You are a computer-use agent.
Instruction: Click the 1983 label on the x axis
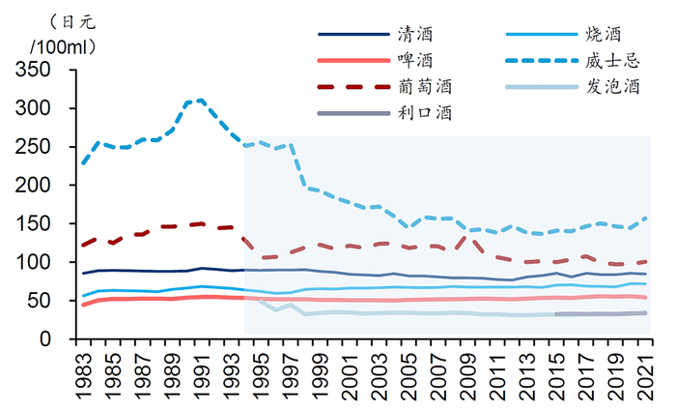coord(84,372)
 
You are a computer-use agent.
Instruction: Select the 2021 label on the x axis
coord(645,372)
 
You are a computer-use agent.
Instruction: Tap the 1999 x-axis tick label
coord(320,372)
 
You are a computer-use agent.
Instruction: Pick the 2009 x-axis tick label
coord(467,372)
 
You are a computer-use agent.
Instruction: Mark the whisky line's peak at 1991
coord(201,100)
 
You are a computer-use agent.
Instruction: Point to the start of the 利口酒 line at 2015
coord(556,314)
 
